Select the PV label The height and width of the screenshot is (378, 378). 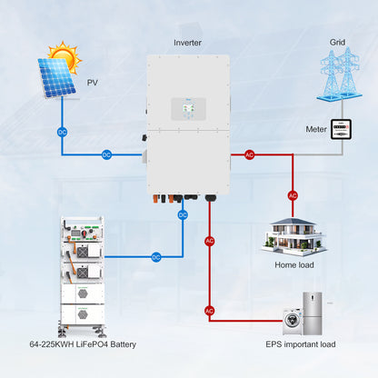click(x=92, y=83)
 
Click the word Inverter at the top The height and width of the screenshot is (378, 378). click(x=188, y=43)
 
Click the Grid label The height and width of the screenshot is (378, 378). click(x=337, y=43)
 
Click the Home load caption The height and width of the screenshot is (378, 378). click(x=293, y=265)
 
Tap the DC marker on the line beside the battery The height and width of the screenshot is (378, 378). click(x=155, y=257)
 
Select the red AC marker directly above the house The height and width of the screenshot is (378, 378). click(x=293, y=195)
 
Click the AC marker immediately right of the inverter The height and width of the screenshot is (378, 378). click(x=249, y=154)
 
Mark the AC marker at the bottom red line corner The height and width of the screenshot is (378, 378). click(x=210, y=311)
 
